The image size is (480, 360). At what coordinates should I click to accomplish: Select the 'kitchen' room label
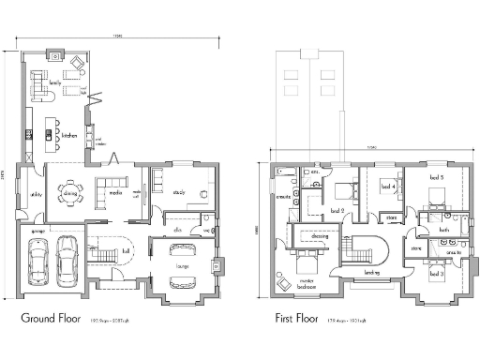(x=68, y=134)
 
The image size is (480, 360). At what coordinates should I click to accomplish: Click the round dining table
(x=70, y=192)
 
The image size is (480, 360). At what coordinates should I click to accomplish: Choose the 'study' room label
(x=179, y=192)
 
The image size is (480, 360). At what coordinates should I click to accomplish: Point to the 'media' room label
(x=115, y=192)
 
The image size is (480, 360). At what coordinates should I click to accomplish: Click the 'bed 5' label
(x=435, y=177)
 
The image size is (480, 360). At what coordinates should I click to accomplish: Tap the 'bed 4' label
(x=386, y=187)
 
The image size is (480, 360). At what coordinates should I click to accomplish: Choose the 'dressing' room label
(x=320, y=236)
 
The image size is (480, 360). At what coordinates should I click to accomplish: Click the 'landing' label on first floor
(x=371, y=273)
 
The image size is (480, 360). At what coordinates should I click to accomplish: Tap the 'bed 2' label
(x=336, y=211)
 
